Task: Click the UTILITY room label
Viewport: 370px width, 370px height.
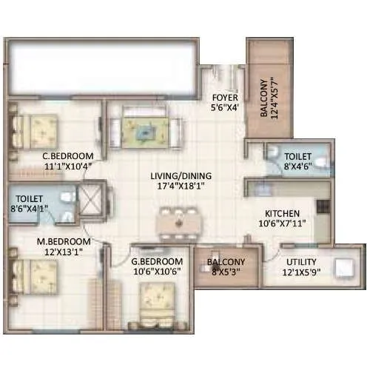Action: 299,263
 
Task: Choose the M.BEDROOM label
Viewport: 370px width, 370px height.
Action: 64,242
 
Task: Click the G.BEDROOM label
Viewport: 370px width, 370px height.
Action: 157,262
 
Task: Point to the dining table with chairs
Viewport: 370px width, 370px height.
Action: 180,221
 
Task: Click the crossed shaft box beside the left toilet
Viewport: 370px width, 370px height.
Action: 92,198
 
